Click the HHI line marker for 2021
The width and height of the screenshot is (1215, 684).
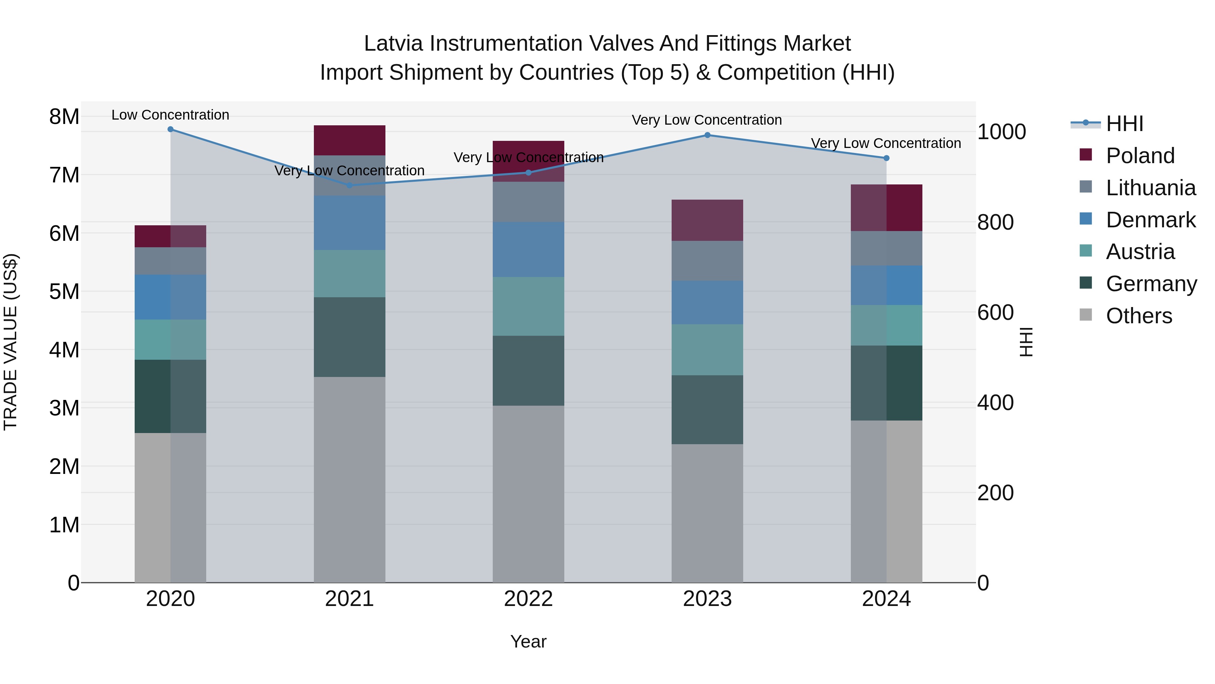[x=350, y=185]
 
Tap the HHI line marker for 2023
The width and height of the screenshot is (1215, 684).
[x=707, y=135]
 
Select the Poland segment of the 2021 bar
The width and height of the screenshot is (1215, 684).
[x=350, y=140]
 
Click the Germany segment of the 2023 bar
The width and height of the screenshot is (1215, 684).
[x=707, y=409]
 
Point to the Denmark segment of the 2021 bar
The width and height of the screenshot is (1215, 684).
[x=350, y=223]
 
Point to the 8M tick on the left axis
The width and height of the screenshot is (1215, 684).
[x=64, y=117]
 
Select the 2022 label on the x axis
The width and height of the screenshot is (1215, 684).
[x=528, y=599]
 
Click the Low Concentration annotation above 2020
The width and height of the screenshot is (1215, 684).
[x=170, y=115]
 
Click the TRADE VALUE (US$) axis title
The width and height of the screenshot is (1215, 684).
[x=10, y=342]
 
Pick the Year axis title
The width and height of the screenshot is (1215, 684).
[x=528, y=641]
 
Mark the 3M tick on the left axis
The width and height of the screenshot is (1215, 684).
[x=64, y=408]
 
